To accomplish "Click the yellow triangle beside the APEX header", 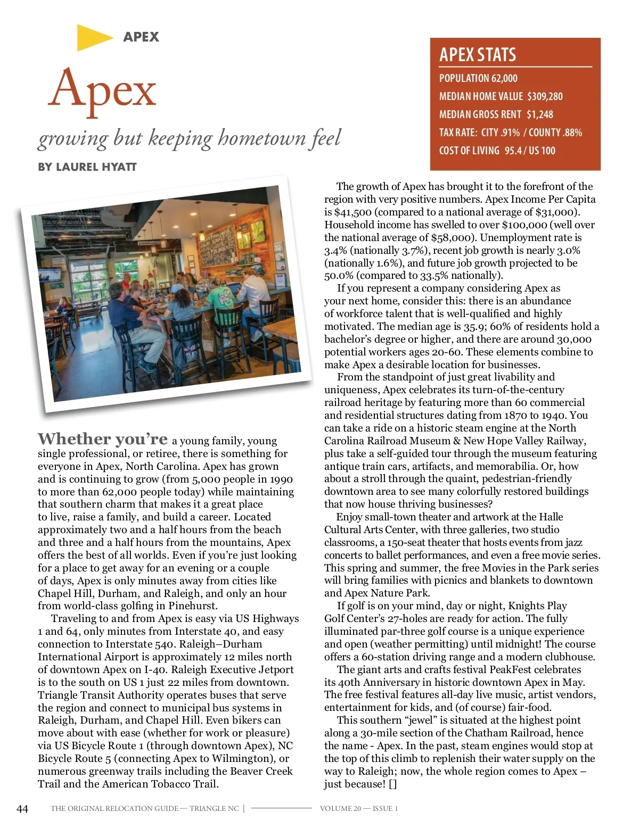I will pyautogui.click(x=93, y=37).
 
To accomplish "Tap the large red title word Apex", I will pyautogui.click(x=103, y=89).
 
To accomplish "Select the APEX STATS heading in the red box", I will pyautogui.click(x=478, y=55).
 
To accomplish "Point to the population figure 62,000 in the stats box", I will pyautogui.click(x=504, y=78).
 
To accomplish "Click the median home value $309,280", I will pyautogui.click(x=545, y=96).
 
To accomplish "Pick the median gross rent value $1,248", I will pyautogui.click(x=540, y=114).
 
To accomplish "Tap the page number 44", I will pyautogui.click(x=22, y=809).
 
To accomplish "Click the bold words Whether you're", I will pyautogui.click(x=103, y=439).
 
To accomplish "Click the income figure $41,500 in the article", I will pyautogui.click(x=353, y=212).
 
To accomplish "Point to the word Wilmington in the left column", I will pyautogui.click(x=244, y=758).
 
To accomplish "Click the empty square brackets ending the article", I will pyautogui.click(x=392, y=784).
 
